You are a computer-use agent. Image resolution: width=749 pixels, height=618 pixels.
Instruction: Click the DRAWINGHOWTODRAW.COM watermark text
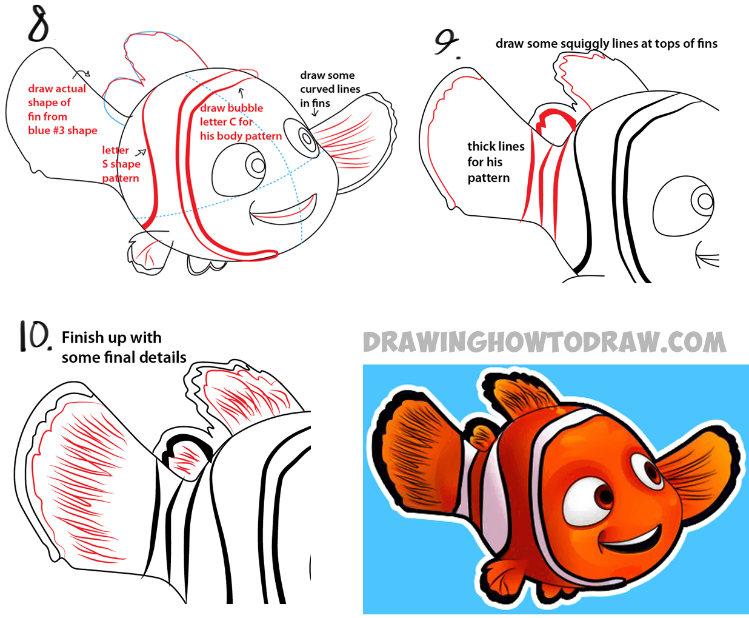coord(544,343)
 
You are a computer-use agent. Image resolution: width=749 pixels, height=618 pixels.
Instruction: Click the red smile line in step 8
coord(284,212)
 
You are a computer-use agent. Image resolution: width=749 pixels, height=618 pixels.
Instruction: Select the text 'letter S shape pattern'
coord(121,164)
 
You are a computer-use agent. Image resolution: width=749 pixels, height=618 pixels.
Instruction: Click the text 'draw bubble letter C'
coord(231,115)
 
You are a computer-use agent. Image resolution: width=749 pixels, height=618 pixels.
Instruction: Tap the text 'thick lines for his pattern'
coord(495,162)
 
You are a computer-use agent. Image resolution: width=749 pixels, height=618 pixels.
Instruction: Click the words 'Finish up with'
coord(112,337)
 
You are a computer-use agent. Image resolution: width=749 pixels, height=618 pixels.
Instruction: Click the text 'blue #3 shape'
coord(62,130)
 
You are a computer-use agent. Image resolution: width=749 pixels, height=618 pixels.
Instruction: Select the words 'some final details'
coord(124,358)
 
